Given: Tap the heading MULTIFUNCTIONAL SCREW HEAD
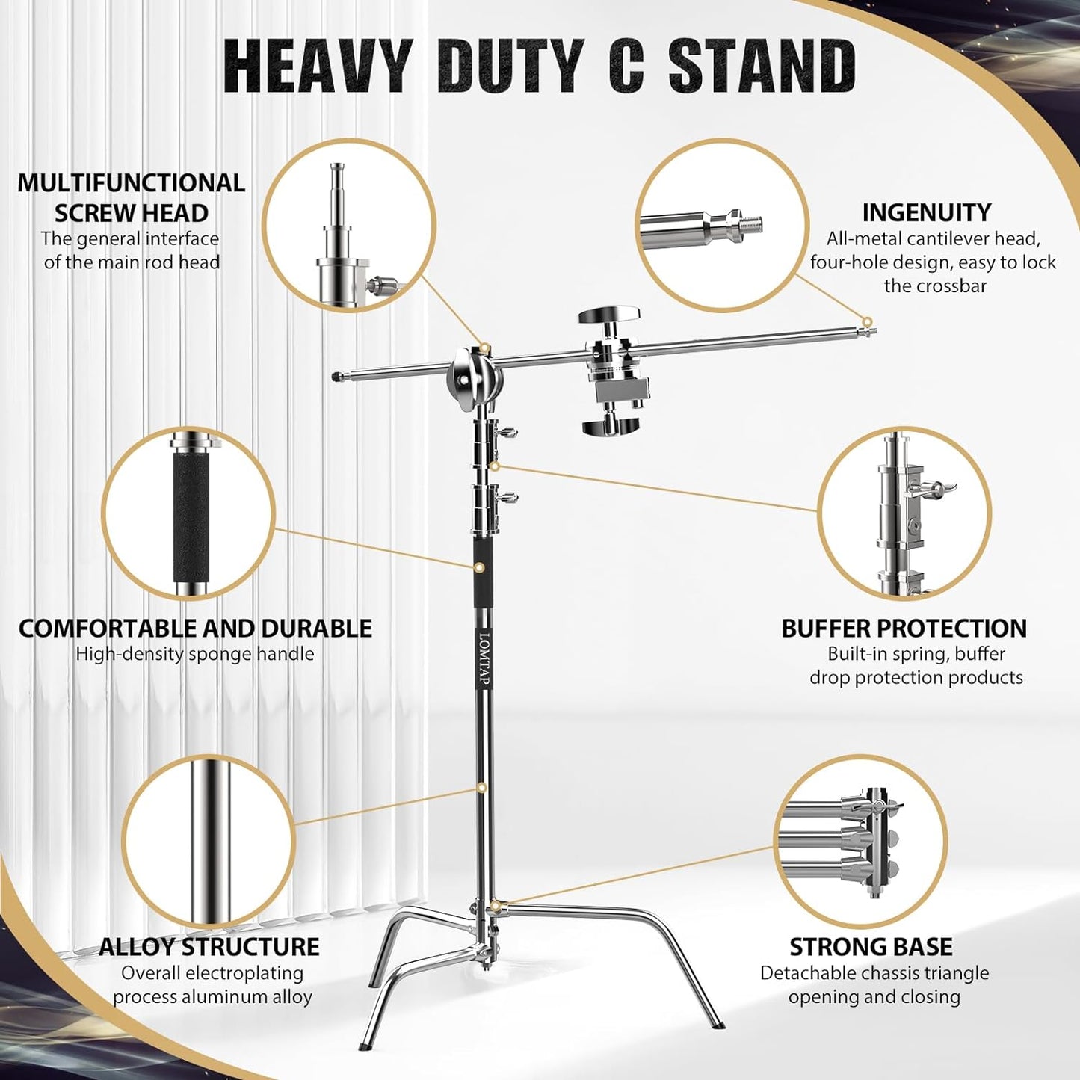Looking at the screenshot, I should (132, 197).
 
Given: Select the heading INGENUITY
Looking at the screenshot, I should (926, 212).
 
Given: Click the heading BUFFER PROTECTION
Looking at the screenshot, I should (904, 628).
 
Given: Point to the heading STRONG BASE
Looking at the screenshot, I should (871, 947).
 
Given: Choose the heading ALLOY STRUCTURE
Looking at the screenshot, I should (209, 947).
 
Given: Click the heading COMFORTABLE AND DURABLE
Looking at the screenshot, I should (195, 628).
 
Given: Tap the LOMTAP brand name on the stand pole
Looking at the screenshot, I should (484, 658).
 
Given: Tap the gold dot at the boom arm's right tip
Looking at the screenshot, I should (867, 322).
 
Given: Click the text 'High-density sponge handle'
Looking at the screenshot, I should (195, 654).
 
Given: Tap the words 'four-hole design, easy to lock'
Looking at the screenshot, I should (933, 262).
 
